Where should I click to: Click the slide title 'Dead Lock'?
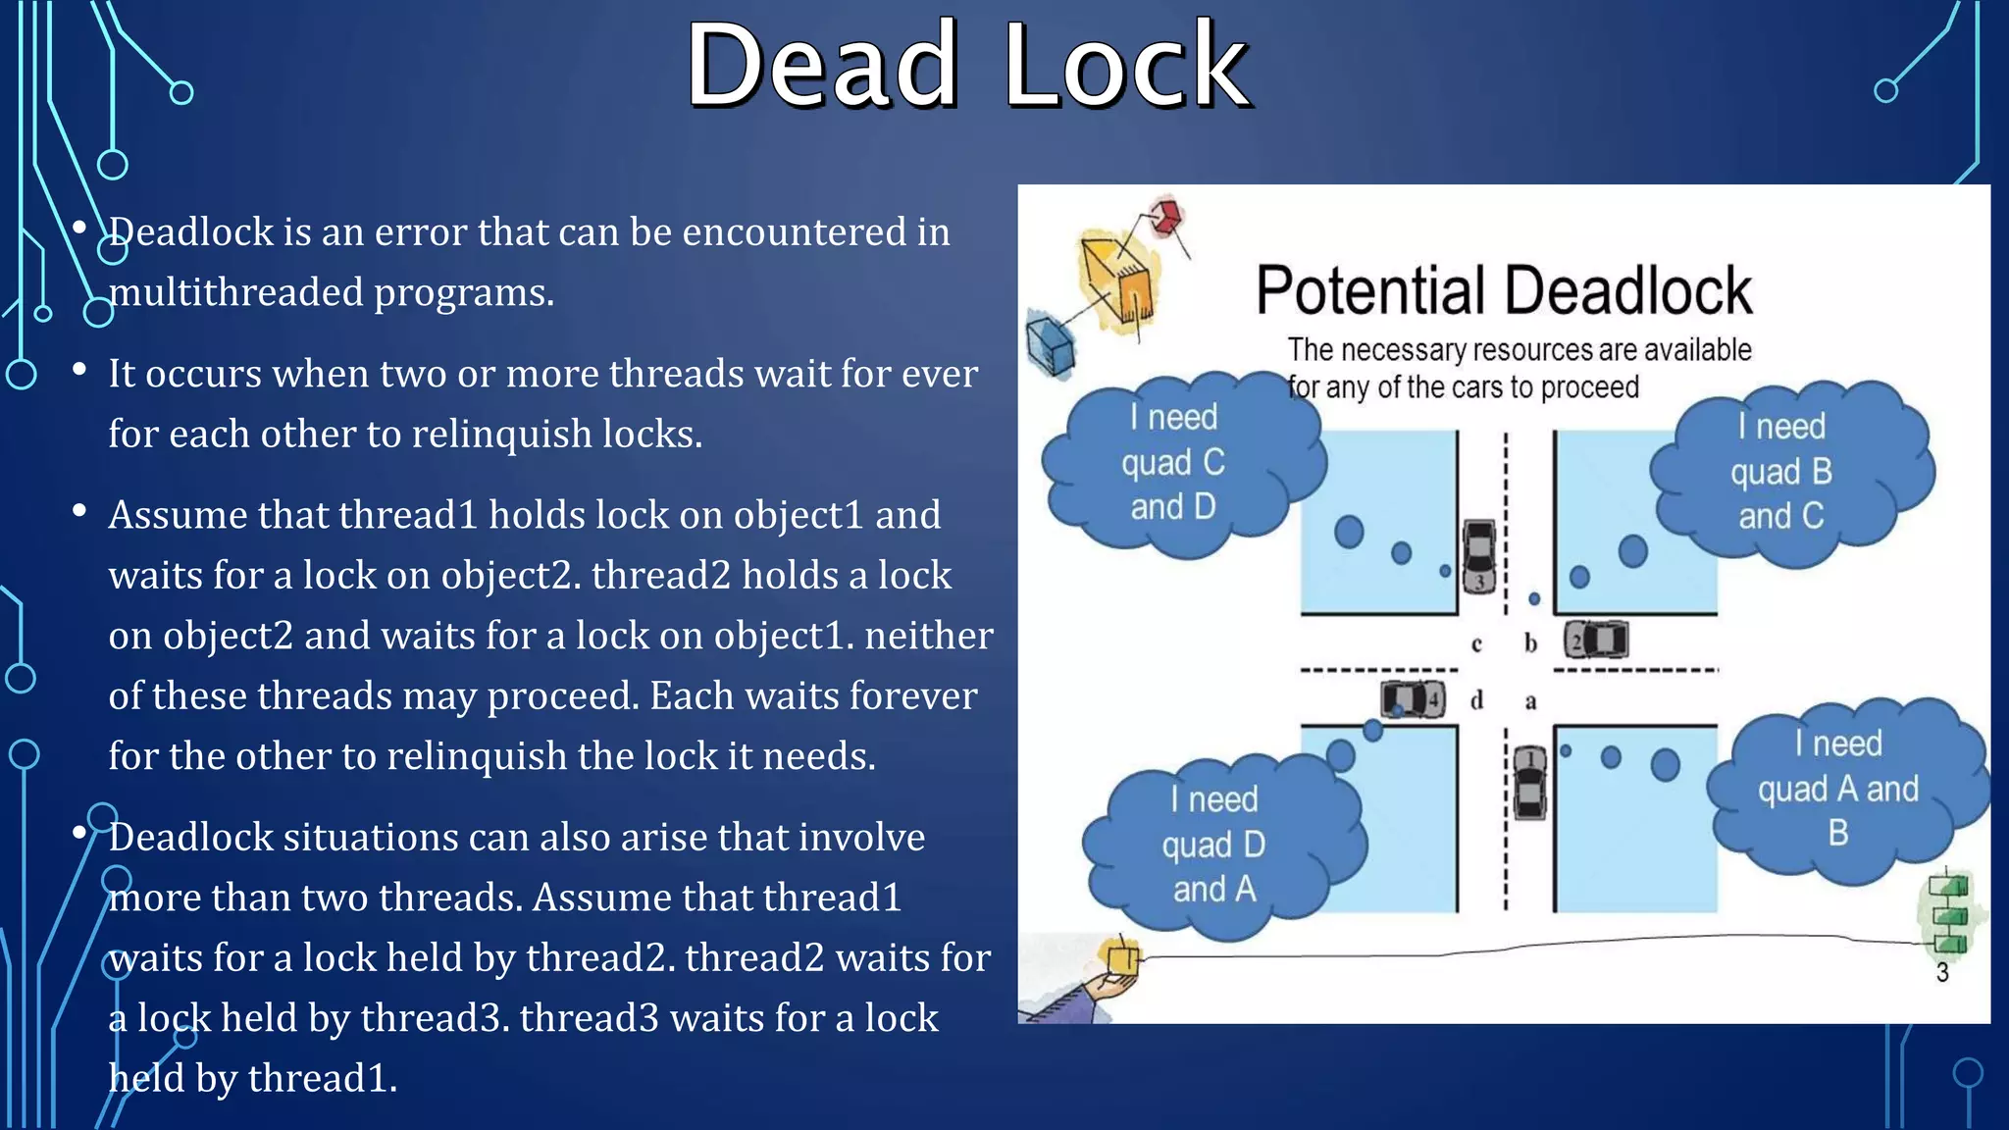pos(967,67)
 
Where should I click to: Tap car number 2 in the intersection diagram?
pos(1596,641)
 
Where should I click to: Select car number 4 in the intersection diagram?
pos(1414,699)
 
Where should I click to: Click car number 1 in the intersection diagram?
pos(1529,782)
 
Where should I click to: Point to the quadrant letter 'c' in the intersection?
pos(1476,644)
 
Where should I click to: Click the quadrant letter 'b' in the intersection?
pos(1530,643)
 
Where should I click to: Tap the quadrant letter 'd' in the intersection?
pos(1476,700)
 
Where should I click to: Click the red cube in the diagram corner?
pos(1166,216)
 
